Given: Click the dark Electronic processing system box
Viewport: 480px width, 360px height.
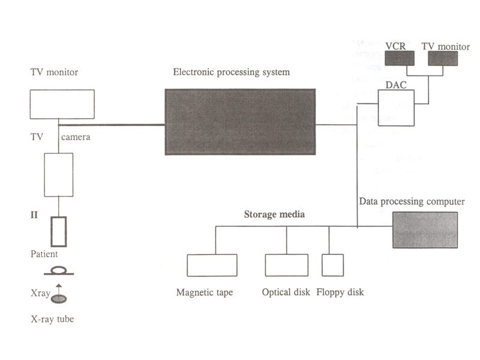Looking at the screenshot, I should [240, 122].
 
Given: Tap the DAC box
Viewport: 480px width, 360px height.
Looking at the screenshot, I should [396, 108].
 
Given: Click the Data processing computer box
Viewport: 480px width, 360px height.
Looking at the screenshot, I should [425, 230].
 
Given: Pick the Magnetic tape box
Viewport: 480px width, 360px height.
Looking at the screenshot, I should [212, 265].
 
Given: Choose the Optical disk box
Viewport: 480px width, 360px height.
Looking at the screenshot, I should [286, 265].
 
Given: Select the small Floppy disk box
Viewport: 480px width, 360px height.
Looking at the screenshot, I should [332, 265].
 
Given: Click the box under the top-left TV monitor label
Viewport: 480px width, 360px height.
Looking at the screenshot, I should [62, 104].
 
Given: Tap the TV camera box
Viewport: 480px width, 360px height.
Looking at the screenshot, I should [59, 175].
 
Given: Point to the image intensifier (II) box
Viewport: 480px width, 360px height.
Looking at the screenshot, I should [59, 231].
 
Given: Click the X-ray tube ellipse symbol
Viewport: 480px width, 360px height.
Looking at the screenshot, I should [59, 298].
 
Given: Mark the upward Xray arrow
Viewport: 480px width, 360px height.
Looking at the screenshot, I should [59, 289].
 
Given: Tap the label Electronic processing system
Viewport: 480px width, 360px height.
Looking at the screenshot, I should [231, 73].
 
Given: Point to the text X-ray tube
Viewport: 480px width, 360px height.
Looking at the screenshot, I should [52, 319].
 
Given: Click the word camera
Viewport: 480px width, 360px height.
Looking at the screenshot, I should [76, 137].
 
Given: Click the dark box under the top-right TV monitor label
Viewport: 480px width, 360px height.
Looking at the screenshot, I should [442, 58].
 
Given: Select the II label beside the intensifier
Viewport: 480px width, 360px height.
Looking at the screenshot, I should [35, 213].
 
